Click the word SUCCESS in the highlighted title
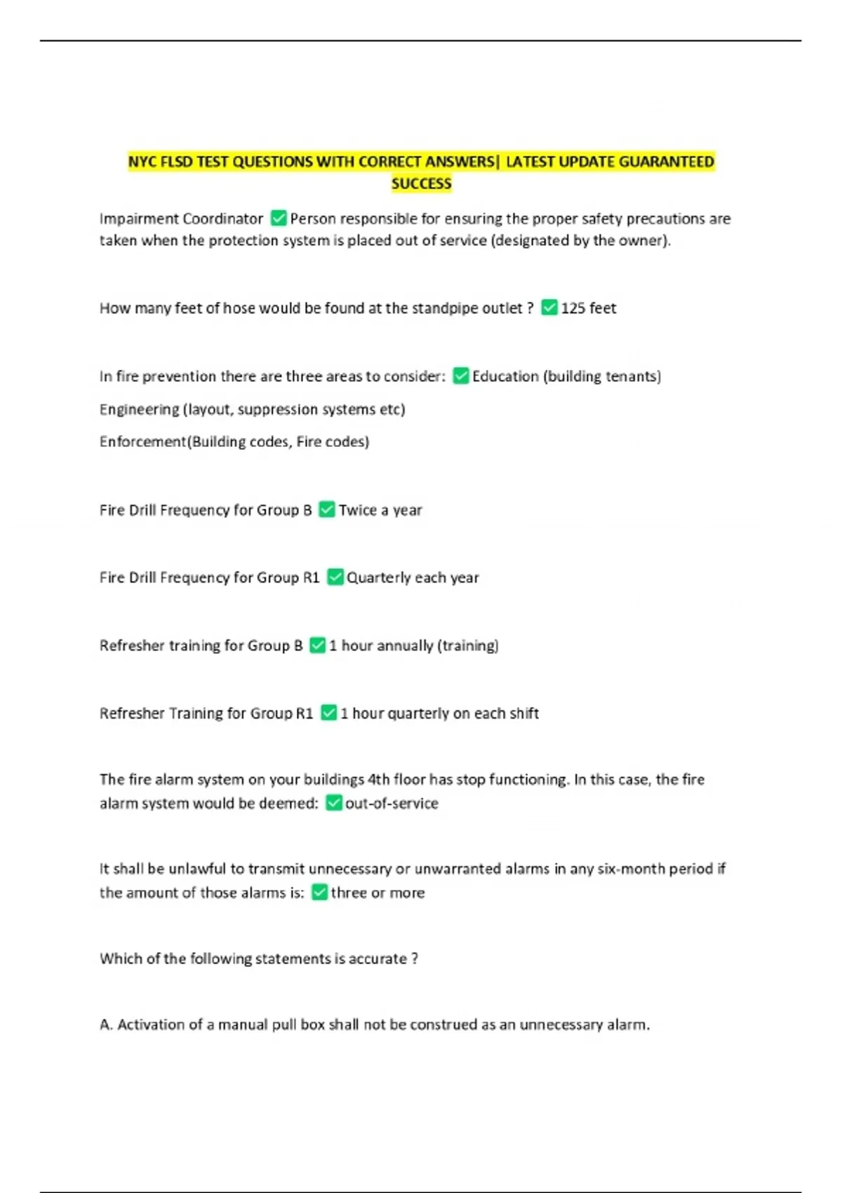421,184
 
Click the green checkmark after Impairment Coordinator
279,218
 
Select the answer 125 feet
588,308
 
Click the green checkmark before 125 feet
549,307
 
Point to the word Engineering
139,409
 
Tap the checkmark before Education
460,375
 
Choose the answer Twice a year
380,510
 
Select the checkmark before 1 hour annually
317,645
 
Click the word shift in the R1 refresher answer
523,713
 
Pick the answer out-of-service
392,803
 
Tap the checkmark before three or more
319,892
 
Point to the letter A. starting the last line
106,1025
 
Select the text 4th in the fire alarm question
378,780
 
